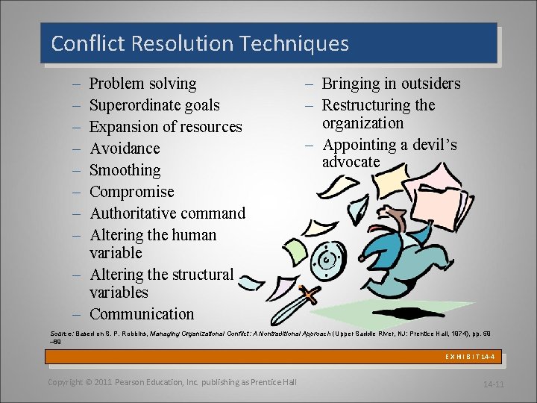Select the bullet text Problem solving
[142, 84]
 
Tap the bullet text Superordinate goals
[154, 105]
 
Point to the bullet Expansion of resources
[166, 127]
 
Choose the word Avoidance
[125, 149]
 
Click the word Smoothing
[125, 170]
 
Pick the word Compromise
[131, 192]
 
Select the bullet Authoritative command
[167, 213]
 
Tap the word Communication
[141, 314]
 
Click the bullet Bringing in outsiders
[391, 84]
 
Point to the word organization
[362, 123]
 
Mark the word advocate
[351, 162]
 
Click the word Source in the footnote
[60, 331]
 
